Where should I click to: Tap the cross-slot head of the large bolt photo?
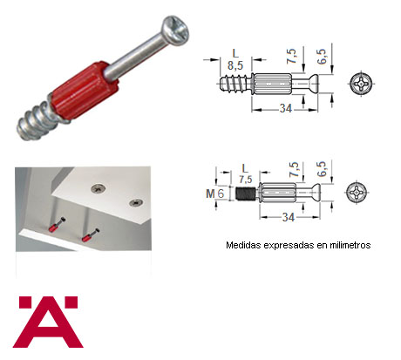(x=176, y=31)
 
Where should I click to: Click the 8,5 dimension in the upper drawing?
(x=235, y=65)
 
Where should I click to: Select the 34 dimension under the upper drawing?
(x=285, y=108)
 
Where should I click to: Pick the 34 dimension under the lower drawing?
(x=288, y=217)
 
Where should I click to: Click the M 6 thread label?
(x=215, y=194)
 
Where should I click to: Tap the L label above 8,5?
(x=235, y=53)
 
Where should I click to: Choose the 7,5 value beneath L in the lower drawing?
(x=246, y=180)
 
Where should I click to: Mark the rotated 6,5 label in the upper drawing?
(x=322, y=57)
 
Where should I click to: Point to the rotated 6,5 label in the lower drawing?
(x=322, y=169)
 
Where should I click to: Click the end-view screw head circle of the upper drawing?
(x=361, y=84)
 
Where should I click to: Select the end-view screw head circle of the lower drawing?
(x=357, y=193)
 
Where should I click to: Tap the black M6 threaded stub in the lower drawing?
(x=245, y=194)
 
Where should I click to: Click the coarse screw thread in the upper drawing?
(x=234, y=84)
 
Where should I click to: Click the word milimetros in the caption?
(x=350, y=245)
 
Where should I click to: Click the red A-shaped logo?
(x=48, y=322)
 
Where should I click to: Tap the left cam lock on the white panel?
(x=99, y=188)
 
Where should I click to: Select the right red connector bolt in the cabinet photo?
(x=90, y=235)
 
